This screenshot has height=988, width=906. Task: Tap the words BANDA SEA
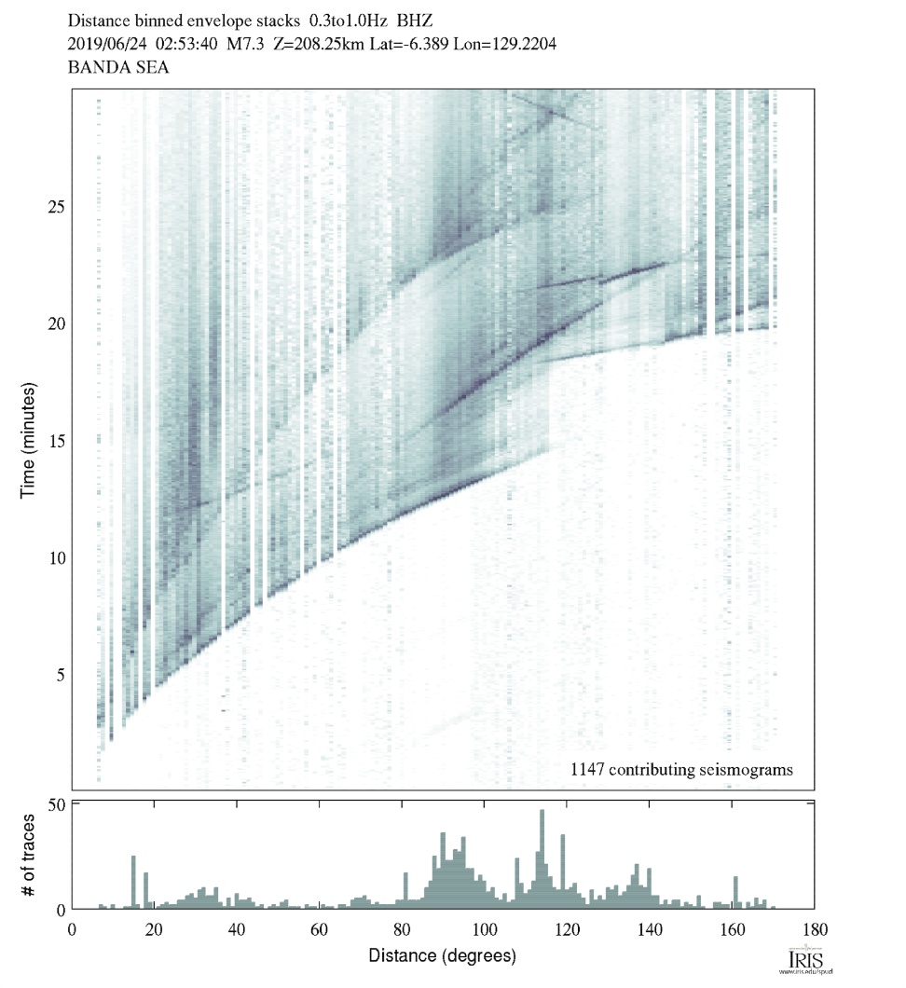tap(118, 68)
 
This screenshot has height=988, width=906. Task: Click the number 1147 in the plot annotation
tap(588, 770)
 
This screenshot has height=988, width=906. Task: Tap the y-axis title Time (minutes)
tap(29, 437)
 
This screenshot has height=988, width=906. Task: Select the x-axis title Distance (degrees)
tap(442, 955)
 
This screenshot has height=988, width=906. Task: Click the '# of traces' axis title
tap(29, 854)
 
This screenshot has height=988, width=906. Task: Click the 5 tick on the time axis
tap(61, 675)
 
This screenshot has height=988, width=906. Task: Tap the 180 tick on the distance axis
tap(814, 929)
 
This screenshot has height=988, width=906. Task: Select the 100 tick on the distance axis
tap(484, 929)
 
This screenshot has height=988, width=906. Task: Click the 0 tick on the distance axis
tap(73, 929)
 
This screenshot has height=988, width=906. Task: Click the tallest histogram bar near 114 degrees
tap(542, 858)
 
